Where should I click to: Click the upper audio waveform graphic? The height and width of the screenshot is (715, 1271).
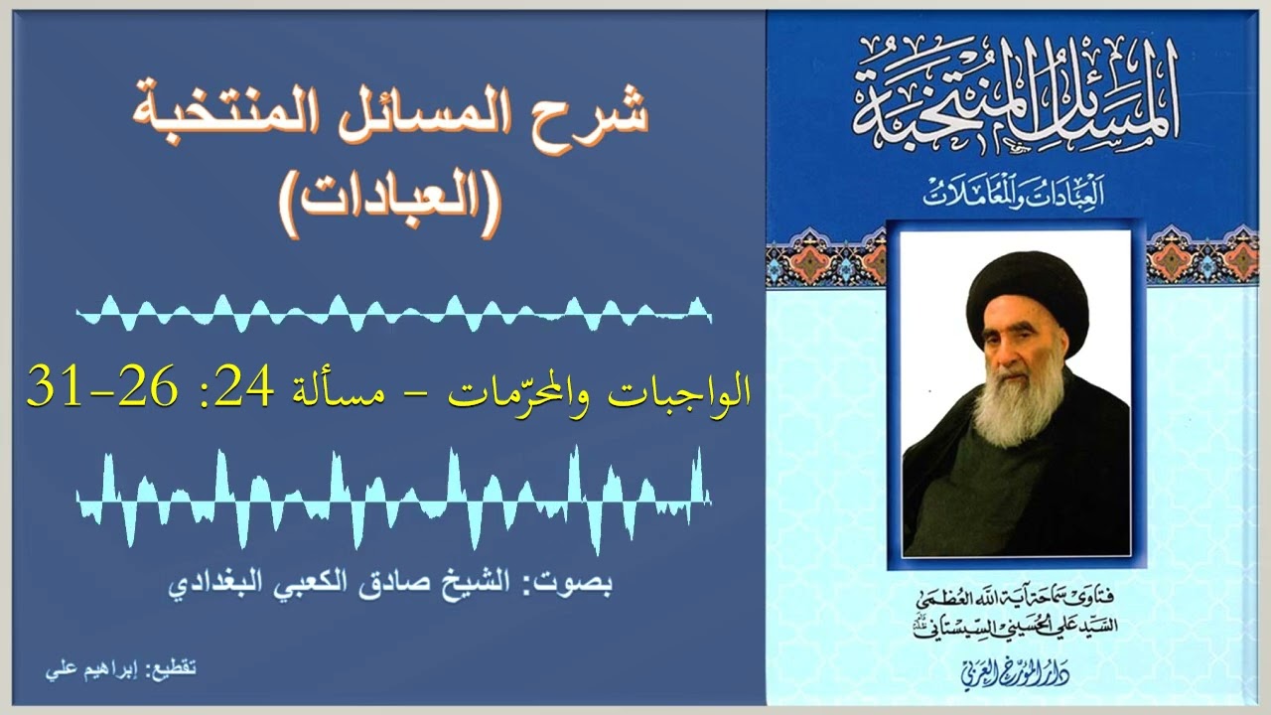coord(393,313)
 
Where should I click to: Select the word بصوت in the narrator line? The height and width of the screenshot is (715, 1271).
coord(582,580)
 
